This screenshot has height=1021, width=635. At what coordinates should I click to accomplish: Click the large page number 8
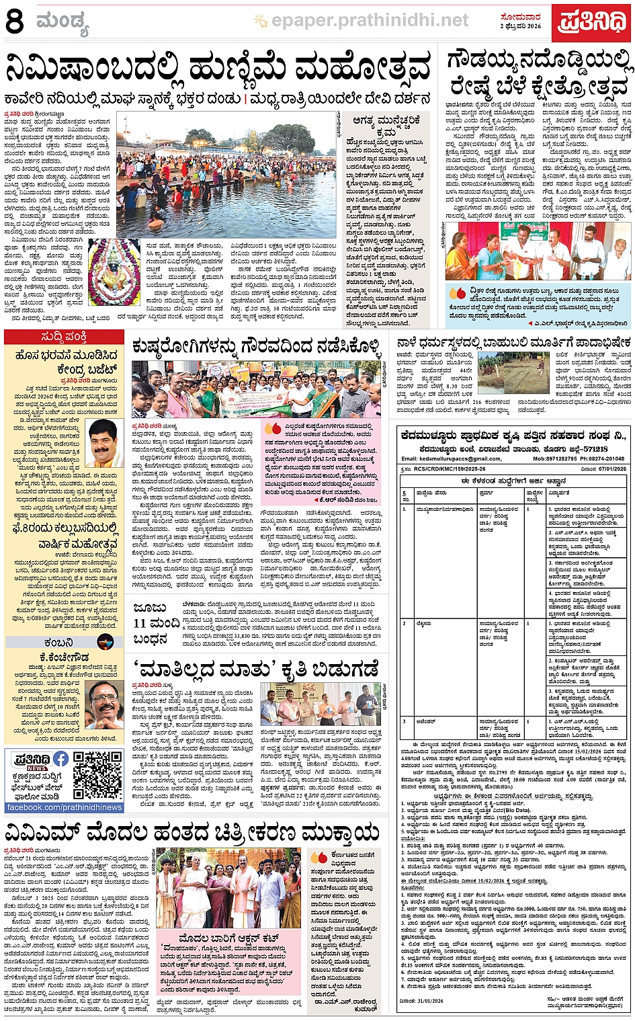tap(15, 22)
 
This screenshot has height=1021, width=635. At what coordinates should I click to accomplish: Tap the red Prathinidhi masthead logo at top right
tap(592, 22)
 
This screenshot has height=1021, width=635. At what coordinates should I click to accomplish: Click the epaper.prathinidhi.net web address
tap(370, 21)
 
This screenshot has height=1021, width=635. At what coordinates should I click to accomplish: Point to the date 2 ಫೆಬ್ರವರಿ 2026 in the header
tap(520, 26)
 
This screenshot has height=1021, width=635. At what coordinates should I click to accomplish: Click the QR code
tap(97, 776)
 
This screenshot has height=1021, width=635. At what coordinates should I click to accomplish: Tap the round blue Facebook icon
tap(60, 759)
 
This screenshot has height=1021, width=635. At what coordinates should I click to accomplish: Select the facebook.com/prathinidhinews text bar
tap(65, 807)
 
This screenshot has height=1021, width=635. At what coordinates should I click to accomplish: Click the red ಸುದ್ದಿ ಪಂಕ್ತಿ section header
tap(64, 337)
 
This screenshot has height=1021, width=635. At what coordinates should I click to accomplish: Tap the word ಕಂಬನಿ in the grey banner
tap(59, 643)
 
